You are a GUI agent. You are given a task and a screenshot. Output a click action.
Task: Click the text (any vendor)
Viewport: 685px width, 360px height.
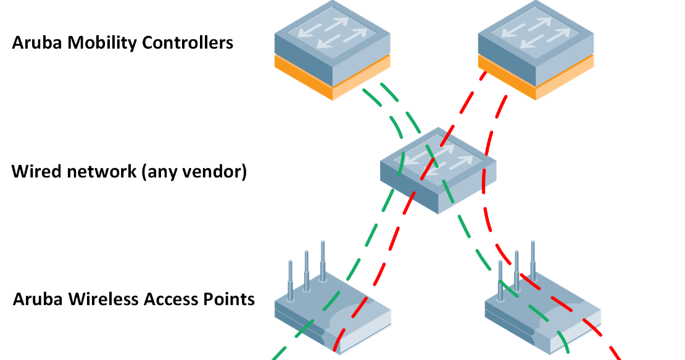(x=194, y=172)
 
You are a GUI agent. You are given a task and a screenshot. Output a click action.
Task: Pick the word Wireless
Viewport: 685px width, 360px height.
(x=100, y=299)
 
